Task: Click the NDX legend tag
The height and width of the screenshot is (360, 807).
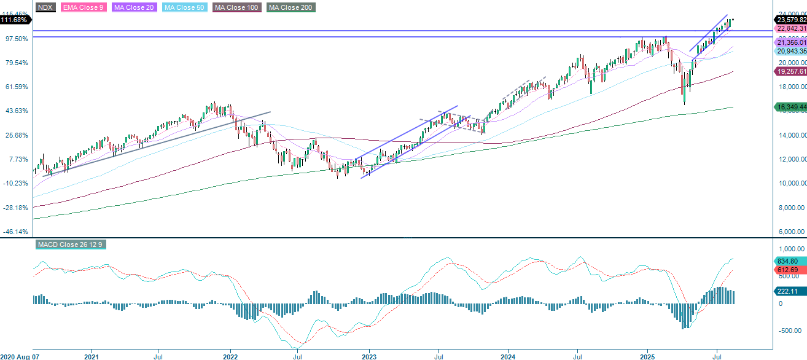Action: point(45,7)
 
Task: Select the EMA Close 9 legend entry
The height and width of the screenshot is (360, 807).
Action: point(83,7)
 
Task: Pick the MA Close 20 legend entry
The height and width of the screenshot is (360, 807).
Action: point(131,7)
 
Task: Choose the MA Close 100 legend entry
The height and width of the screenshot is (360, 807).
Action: point(236,7)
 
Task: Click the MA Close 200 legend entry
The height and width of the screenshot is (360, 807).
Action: point(291,7)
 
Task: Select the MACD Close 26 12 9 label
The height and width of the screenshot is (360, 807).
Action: point(71,245)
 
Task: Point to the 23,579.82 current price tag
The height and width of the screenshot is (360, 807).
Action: point(790,20)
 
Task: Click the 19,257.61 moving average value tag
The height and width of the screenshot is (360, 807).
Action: point(790,72)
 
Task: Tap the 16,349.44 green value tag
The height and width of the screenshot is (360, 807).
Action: point(790,107)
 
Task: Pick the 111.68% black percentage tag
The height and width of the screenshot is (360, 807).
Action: point(15,20)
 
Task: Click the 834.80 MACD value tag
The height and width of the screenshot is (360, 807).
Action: point(787,260)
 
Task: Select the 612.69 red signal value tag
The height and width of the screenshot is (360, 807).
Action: point(787,270)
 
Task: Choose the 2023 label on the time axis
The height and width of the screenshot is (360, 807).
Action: point(369,356)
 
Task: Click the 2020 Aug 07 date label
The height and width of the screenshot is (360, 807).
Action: point(21,356)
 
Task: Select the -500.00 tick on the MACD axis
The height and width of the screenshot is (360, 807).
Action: point(788,331)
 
